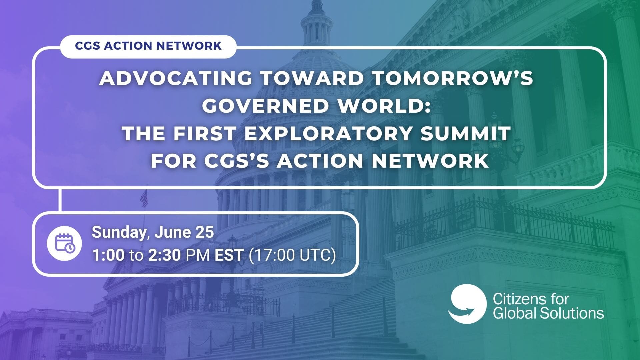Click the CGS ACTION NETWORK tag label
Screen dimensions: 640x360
tap(148, 46)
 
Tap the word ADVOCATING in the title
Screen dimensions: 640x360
tap(176, 78)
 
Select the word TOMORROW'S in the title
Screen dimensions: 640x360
tap(452, 78)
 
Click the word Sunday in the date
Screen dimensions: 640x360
tap(119, 233)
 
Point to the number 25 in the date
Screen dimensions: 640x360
tap(204, 232)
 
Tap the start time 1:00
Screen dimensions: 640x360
tap(108, 255)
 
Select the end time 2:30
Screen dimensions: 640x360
tap(164, 255)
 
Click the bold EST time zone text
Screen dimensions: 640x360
tap(229, 255)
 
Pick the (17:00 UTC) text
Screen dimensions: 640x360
tap(292, 256)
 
